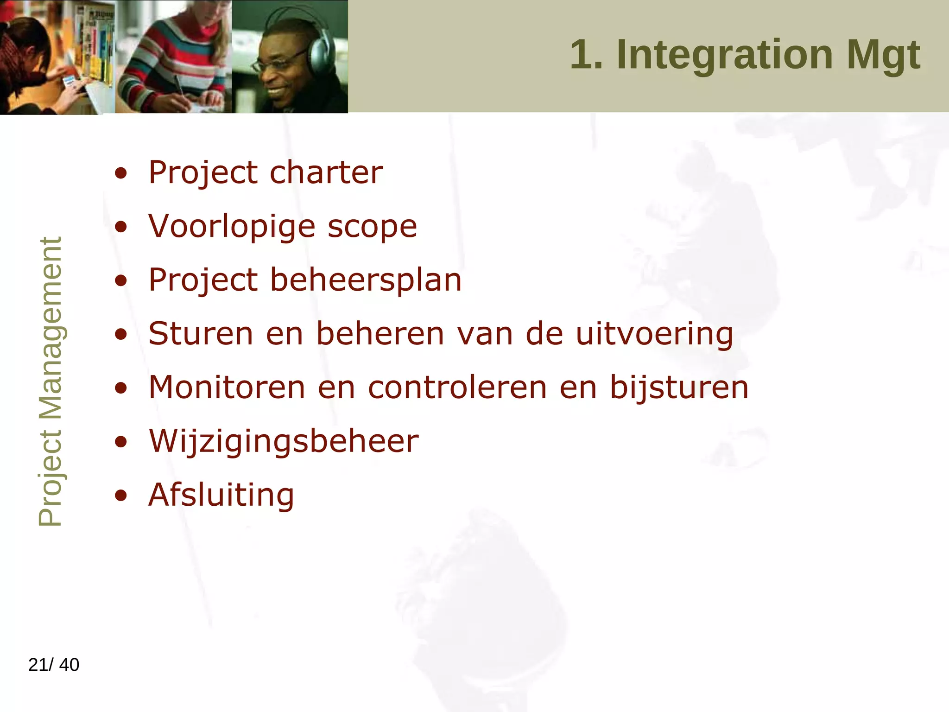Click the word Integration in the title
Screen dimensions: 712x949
click(725, 55)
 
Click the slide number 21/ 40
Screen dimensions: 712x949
click(54, 665)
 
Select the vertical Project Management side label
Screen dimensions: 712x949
click(50, 381)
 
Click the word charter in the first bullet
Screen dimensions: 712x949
click(326, 172)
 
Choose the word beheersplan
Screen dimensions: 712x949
click(366, 281)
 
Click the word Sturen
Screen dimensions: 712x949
click(201, 334)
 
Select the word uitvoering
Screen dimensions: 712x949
click(654, 335)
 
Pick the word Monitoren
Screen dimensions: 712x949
click(227, 388)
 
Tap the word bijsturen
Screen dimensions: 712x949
click(678, 388)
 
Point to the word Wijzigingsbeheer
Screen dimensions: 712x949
click(284, 441)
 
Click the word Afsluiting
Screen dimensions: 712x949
click(221, 495)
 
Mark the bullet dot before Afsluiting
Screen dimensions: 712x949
click(121, 495)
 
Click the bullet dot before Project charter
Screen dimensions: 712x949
click(121, 173)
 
